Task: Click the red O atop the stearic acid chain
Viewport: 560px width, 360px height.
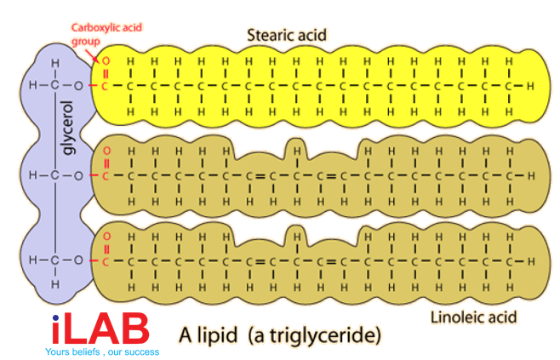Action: tap(106, 61)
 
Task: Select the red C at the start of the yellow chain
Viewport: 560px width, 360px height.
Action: tap(106, 86)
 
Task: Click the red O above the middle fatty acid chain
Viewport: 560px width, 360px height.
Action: tap(106, 152)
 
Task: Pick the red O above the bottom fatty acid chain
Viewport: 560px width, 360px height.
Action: tap(106, 236)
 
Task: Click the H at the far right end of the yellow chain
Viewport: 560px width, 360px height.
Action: tap(529, 86)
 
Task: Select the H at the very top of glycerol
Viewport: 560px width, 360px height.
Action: tap(55, 63)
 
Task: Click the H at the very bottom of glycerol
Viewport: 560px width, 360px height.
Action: tap(55, 283)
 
